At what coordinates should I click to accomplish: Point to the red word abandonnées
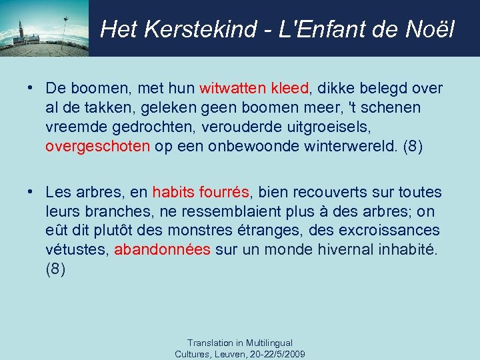[x=163, y=250]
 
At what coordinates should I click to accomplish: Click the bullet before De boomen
[x=31, y=88]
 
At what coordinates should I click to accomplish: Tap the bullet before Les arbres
[x=31, y=192]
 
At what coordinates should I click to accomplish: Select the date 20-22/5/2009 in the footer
[x=276, y=353]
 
